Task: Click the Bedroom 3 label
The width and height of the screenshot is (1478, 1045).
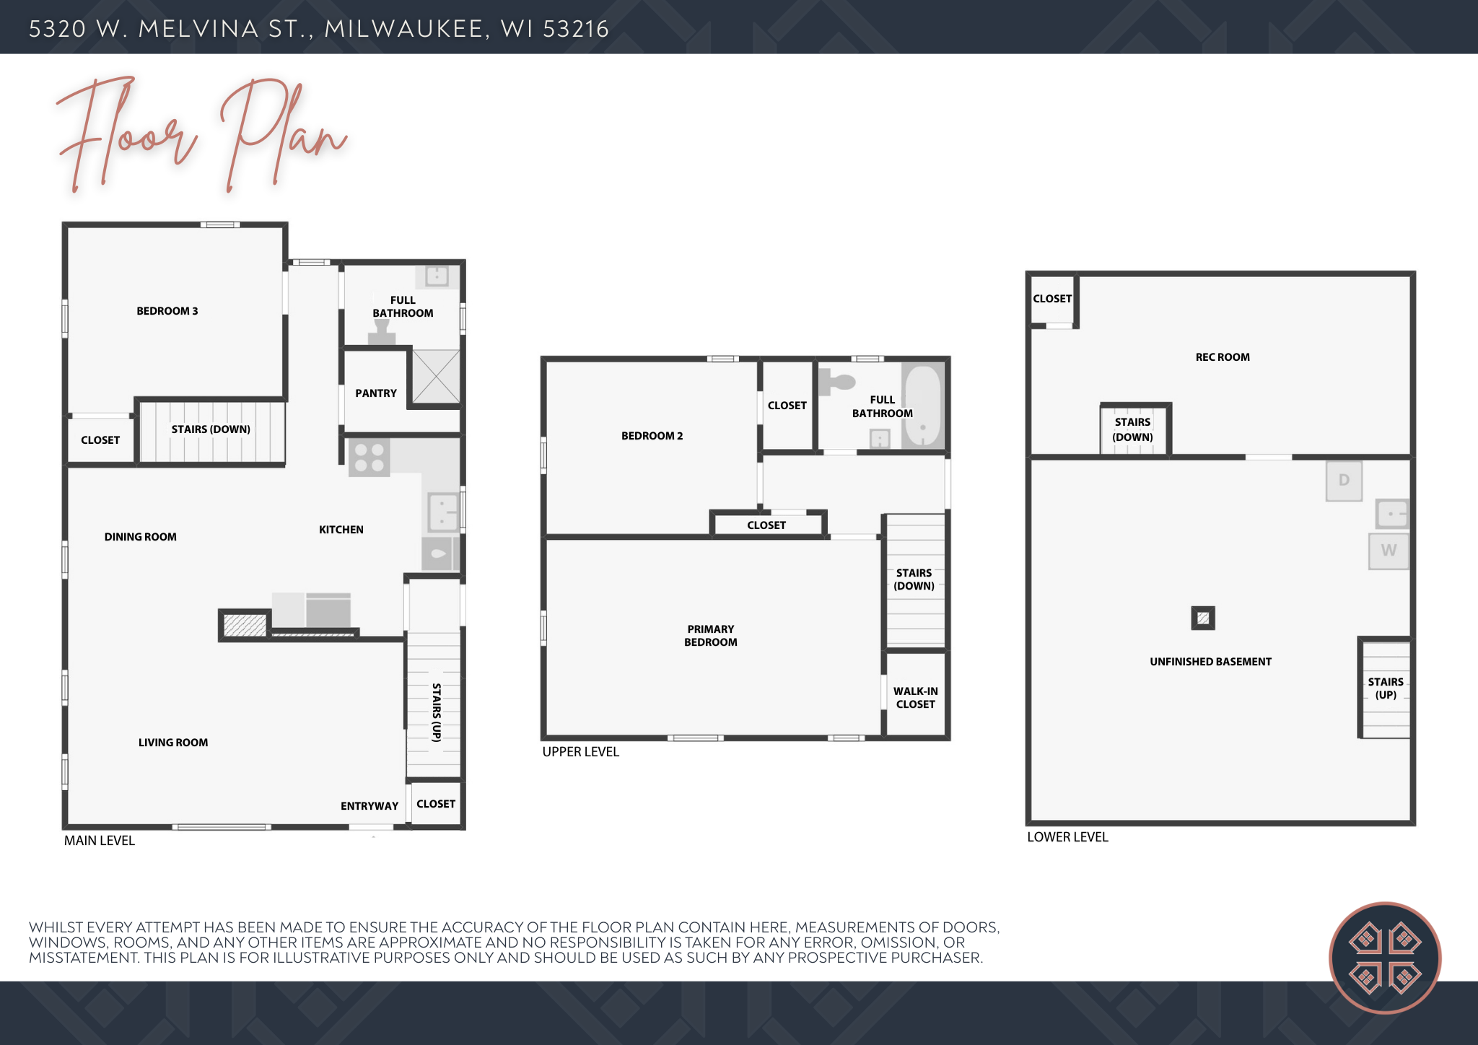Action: click(x=167, y=311)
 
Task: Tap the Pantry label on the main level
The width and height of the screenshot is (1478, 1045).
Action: click(x=376, y=393)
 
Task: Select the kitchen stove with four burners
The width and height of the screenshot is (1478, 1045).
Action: click(x=369, y=458)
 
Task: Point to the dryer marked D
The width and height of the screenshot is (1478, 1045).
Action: click(x=1344, y=481)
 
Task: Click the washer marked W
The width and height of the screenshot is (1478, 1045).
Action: click(x=1389, y=551)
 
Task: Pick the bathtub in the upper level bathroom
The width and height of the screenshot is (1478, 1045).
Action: click(x=923, y=406)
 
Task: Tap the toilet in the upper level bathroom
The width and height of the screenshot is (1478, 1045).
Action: click(x=836, y=382)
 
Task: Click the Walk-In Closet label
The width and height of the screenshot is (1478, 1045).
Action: click(x=916, y=698)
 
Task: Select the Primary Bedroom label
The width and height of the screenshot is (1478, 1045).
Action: click(x=711, y=636)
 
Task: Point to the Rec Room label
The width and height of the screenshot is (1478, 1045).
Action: click(x=1223, y=357)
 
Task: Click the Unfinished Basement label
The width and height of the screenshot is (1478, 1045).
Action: click(x=1211, y=662)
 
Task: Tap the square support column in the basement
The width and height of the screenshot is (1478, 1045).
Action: click(x=1203, y=618)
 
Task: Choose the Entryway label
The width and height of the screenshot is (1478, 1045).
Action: click(x=369, y=806)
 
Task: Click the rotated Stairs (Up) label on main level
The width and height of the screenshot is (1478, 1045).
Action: click(x=436, y=712)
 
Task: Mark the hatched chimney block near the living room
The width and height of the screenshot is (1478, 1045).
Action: click(x=245, y=625)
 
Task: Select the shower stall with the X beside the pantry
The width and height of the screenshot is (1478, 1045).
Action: click(x=436, y=377)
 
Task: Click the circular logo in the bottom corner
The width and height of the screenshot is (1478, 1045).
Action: click(x=1385, y=958)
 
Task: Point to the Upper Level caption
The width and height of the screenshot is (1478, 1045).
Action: click(x=581, y=752)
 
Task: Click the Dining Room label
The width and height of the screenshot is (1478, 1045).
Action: click(x=141, y=537)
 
